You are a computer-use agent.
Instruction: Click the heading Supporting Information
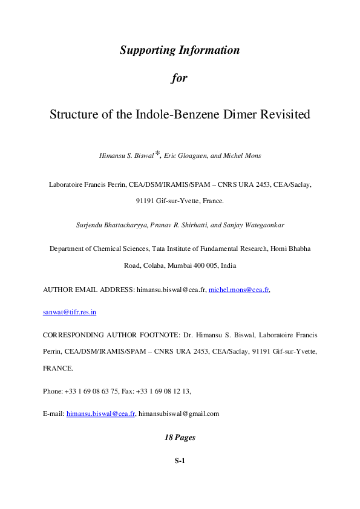coord(180,50)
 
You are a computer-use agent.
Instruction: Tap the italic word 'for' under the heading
coord(180,78)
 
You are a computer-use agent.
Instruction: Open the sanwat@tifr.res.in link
coord(70,312)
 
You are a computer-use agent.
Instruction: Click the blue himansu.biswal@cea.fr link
coord(100,414)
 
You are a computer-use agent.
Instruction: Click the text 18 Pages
coord(180,436)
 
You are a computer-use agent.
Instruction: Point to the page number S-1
coord(180,461)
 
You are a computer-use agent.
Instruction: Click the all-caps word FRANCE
coord(58,368)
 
